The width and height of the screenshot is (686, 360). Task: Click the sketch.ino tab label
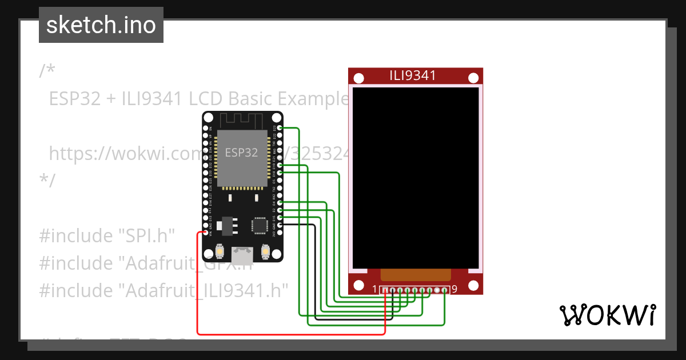pyautogui.click(x=101, y=25)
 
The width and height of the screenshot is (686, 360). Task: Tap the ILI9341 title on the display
pyautogui.click(x=413, y=75)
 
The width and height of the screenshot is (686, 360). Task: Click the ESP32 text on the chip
pyautogui.click(x=241, y=153)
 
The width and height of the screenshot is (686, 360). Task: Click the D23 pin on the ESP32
pyautogui.click(x=280, y=127)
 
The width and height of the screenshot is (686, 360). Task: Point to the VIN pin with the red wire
pyautogui.click(x=206, y=233)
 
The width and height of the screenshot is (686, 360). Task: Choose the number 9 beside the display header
pyautogui.click(x=454, y=289)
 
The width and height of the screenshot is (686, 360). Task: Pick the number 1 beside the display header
pyautogui.click(x=374, y=289)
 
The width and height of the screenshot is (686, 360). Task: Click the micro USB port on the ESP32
pyautogui.click(x=243, y=253)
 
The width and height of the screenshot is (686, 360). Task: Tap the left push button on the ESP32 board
pyautogui.click(x=220, y=251)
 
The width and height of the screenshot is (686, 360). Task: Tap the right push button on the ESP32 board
pyautogui.click(x=265, y=251)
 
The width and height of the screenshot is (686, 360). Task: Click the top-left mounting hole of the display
pyautogui.click(x=358, y=78)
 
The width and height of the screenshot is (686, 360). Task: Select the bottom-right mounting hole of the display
pyautogui.click(x=473, y=285)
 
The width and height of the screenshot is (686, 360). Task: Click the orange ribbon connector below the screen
pyautogui.click(x=416, y=275)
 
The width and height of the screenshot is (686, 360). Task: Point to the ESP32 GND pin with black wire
pyautogui.click(x=280, y=225)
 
